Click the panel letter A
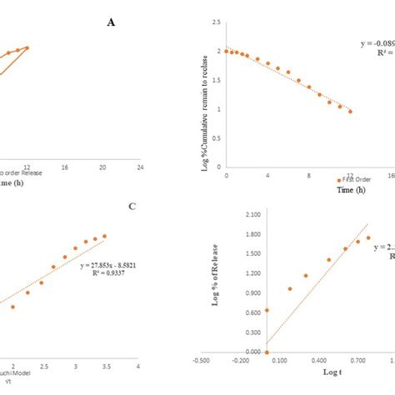(111, 22)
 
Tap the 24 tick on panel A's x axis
(140, 167)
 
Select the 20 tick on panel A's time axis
(102, 167)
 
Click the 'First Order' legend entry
(358, 178)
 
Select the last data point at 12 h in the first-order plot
(350, 111)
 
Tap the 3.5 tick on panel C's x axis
(107, 366)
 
